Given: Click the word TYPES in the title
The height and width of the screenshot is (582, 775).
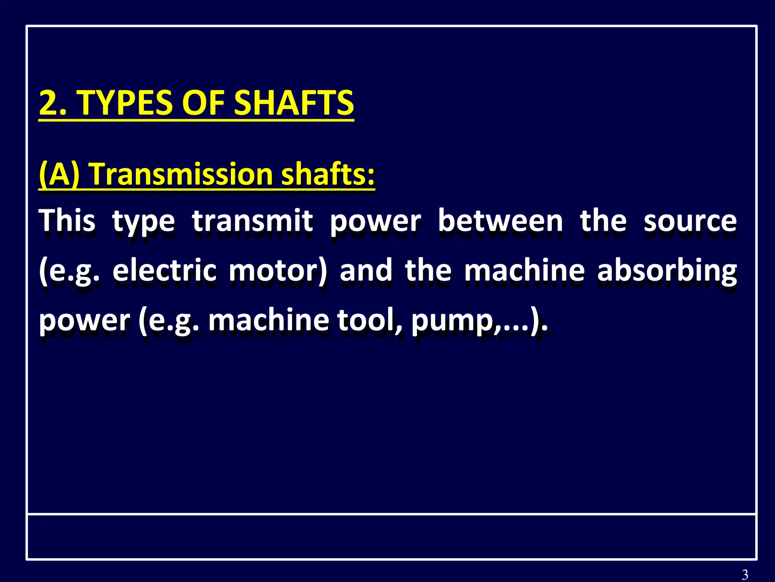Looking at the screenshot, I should click(126, 103).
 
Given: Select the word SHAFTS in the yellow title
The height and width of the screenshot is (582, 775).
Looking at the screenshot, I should click(294, 103).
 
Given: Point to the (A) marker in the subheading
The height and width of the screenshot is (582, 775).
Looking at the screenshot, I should click(59, 174).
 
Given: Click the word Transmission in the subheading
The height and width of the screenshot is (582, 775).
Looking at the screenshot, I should click(182, 174).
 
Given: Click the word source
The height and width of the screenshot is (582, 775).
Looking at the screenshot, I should click(690, 221).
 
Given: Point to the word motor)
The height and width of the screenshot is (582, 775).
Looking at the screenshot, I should click(278, 271).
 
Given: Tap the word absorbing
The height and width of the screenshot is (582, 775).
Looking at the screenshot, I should click(667, 271).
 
